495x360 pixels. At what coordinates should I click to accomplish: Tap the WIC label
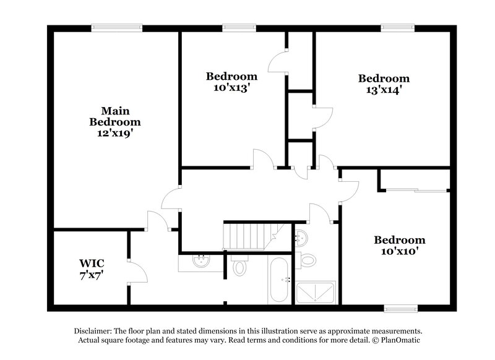pyautogui.click(x=90, y=262)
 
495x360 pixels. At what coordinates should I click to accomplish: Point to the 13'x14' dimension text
pyautogui.click(x=384, y=89)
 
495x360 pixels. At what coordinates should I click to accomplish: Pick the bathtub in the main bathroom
pyautogui.click(x=279, y=280)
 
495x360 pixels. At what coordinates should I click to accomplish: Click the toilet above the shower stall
pyautogui.click(x=308, y=259)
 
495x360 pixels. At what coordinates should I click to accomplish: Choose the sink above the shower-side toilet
pyautogui.click(x=301, y=237)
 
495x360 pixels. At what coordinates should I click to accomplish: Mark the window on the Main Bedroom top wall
pyautogui.click(x=116, y=27)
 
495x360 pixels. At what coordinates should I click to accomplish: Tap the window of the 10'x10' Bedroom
pyautogui.click(x=400, y=307)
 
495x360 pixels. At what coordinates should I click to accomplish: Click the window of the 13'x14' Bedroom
pyautogui.click(x=397, y=27)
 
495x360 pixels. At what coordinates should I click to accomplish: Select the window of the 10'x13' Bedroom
pyautogui.click(x=239, y=27)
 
